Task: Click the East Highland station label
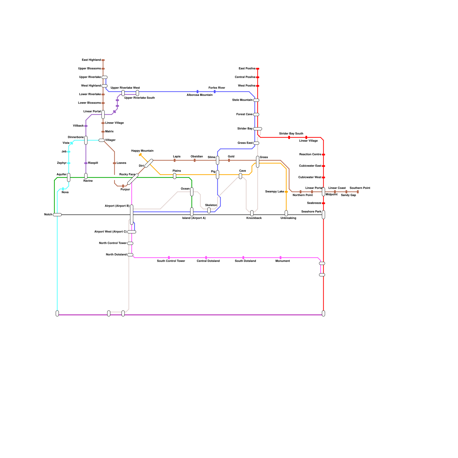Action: point(91,60)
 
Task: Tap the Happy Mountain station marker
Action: point(140,155)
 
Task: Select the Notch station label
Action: point(48,215)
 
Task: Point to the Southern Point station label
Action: point(360,188)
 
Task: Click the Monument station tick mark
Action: point(281,258)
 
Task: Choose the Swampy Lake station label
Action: point(275,192)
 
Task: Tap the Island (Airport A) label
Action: point(194,218)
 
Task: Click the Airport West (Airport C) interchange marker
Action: point(132,232)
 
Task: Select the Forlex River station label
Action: point(217,88)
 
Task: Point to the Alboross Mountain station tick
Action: point(198,92)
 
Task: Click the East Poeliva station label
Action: point(247,69)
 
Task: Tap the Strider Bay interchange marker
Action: point(258,129)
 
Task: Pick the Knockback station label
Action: point(254,218)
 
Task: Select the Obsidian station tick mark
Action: point(195,160)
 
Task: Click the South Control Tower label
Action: point(171,261)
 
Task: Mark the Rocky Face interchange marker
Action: point(133,179)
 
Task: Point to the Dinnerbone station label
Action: point(76,137)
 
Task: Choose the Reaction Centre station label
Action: point(310,155)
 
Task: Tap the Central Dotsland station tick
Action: point(206,258)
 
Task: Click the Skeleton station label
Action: point(211,205)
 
